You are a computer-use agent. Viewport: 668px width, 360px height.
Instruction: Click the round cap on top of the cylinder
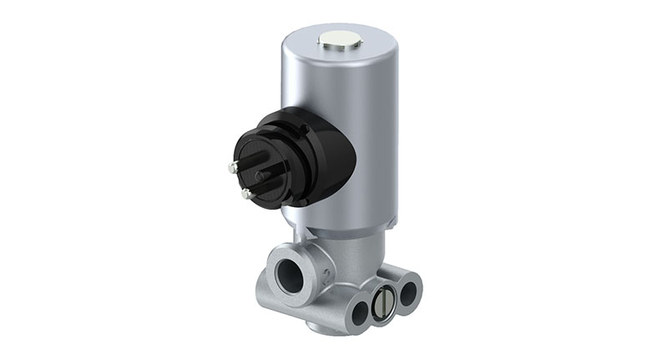(x=341, y=38)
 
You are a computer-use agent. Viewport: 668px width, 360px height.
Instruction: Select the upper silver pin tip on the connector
(x=231, y=167)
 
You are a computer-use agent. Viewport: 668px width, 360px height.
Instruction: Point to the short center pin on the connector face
(x=261, y=176)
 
